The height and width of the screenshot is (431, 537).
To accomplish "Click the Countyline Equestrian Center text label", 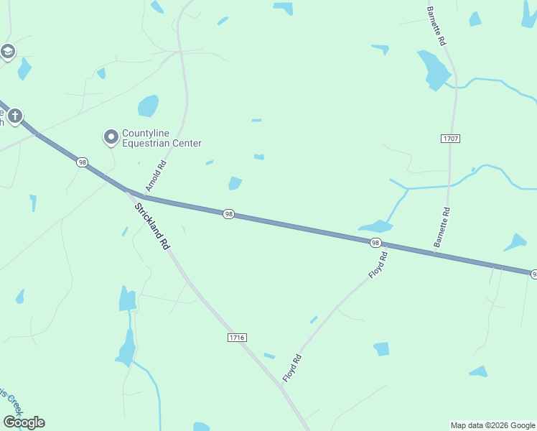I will (162, 138).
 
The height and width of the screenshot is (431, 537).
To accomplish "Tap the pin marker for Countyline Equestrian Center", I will (111, 136).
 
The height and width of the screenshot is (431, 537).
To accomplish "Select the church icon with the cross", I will (14, 115).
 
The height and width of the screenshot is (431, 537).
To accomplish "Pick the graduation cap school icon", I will (8, 52).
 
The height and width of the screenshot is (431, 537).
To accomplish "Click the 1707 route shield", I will (451, 137).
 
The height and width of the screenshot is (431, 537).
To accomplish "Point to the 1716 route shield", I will (236, 337).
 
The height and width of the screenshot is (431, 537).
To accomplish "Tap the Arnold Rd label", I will (156, 175).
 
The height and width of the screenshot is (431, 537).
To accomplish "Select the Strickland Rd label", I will (152, 226).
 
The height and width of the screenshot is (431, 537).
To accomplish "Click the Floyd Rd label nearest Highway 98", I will (378, 265).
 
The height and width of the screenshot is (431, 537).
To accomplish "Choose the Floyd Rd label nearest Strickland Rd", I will (291, 368).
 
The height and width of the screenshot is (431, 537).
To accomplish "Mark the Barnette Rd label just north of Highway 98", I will (442, 228).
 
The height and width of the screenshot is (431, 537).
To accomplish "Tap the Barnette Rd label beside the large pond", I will (436, 25).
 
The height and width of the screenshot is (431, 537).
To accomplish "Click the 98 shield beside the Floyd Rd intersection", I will (375, 243).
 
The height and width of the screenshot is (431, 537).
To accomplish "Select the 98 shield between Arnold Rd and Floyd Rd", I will (228, 214).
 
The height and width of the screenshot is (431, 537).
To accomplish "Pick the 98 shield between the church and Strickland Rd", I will (83, 163).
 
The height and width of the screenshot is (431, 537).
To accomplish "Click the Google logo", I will (24, 422).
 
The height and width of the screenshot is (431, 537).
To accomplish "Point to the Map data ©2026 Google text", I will (492, 425).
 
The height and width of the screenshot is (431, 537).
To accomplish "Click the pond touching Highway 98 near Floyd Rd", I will (375, 226).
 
